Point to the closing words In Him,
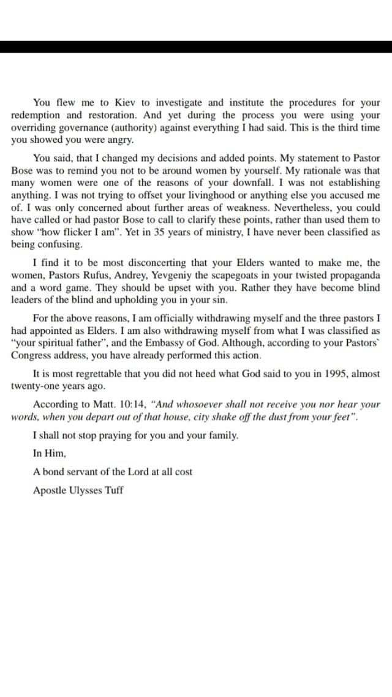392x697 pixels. tap(49, 454)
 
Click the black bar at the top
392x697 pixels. tap(196, 47)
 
